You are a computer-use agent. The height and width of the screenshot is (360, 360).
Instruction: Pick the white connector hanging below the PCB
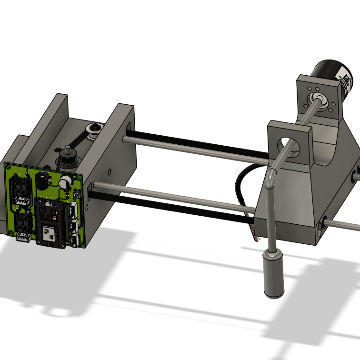[24, 238]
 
